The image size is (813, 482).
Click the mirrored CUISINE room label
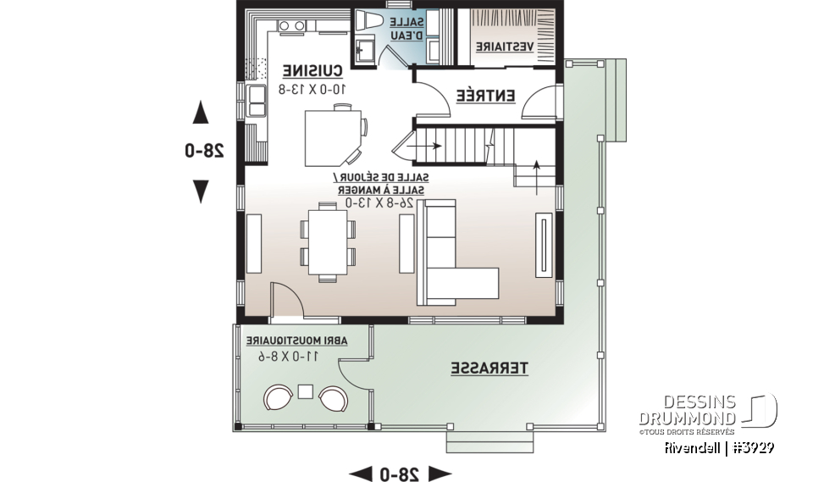pyautogui.click(x=312, y=71)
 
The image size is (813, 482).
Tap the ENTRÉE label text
pyautogui.click(x=486, y=96)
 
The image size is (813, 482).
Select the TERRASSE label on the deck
pyautogui.click(x=489, y=368)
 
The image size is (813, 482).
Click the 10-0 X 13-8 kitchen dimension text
pyautogui.click(x=312, y=87)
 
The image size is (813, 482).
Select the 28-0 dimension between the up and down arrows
pyautogui.click(x=204, y=151)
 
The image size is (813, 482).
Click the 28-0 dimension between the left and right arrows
pyautogui.click(x=400, y=473)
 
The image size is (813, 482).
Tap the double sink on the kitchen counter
pyautogui.click(x=255, y=100)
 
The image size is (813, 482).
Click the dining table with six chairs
pyautogui.click(x=327, y=242)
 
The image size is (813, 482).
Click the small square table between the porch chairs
pyautogui.click(x=306, y=392)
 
